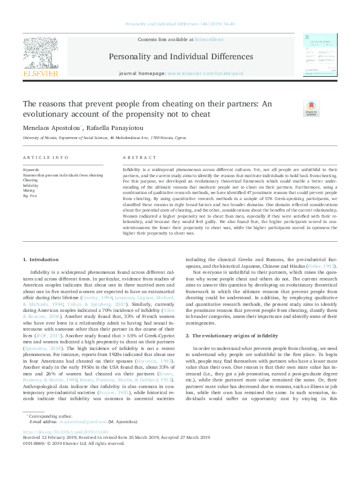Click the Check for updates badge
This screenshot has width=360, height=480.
311,108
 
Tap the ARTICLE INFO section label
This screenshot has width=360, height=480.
45,157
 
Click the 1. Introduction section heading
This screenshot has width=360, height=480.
41,259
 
